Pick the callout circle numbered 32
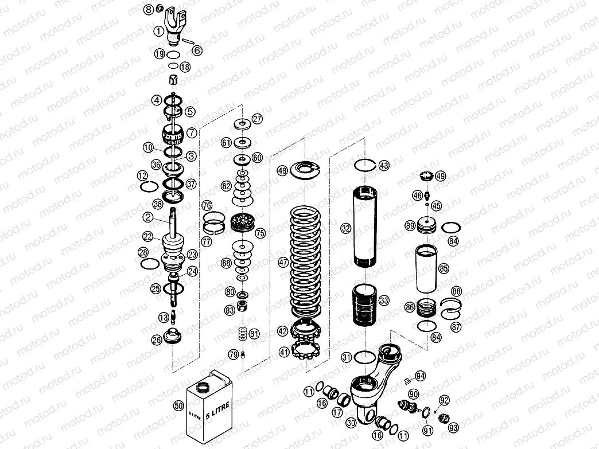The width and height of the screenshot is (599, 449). point(345,228)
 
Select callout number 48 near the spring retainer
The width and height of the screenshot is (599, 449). point(282,170)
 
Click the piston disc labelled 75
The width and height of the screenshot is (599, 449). point(242,222)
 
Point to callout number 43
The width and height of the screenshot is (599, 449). point(384,165)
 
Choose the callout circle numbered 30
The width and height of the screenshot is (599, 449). point(351,423)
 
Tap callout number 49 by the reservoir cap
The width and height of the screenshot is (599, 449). point(440,176)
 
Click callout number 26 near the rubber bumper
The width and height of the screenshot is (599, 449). point(156,339)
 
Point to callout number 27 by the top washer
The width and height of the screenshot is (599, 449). point(257,119)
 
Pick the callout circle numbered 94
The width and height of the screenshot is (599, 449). point(421,376)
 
